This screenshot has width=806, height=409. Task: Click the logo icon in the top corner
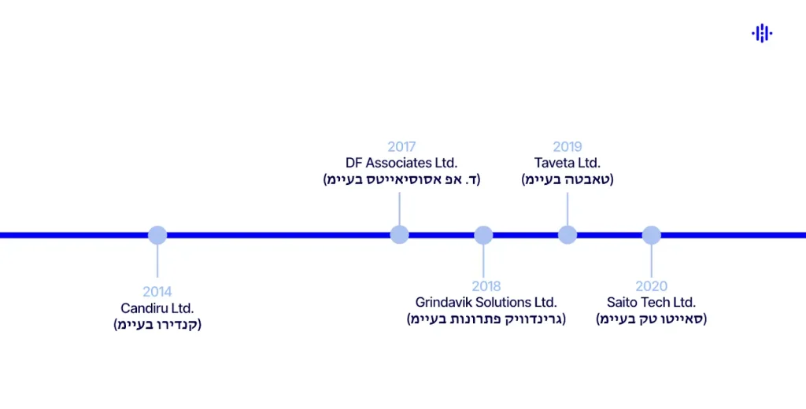coord(761,33)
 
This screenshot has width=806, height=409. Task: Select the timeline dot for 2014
coord(157,235)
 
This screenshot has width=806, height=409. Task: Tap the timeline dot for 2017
coord(400,235)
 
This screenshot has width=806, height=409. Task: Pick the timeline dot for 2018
coord(483,235)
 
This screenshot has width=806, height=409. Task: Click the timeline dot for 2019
coord(568,235)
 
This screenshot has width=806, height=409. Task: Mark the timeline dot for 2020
coord(651,235)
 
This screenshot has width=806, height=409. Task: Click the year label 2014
coord(157,292)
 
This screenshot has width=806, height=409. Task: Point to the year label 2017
coord(401,146)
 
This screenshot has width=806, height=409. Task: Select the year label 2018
coord(486,286)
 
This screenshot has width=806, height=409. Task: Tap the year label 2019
coord(568,146)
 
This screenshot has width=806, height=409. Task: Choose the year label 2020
coord(652,286)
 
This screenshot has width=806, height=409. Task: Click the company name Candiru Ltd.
coord(157,308)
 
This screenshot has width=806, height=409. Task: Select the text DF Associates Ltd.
coord(401,163)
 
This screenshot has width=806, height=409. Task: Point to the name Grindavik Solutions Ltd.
coord(486,303)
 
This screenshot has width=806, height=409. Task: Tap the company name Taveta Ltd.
coord(568,163)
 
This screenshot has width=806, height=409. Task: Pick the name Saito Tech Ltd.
coord(652,303)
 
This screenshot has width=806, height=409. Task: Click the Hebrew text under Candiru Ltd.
coord(157,325)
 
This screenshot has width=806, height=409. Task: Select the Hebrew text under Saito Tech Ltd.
coord(652,319)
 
